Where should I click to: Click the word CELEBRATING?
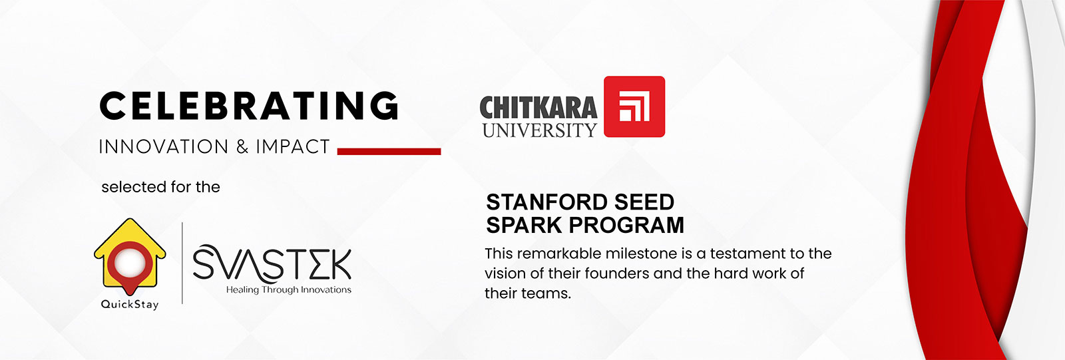click(x=249, y=106)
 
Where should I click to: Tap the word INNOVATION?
click(x=163, y=147)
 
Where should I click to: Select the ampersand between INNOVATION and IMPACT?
click(x=242, y=147)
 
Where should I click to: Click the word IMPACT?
click(x=293, y=147)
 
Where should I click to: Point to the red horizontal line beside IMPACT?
click(x=389, y=152)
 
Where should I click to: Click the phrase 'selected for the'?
click(x=160, y=188)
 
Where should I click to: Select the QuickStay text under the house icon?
click(x=130, y=305)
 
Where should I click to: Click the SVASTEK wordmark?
click(x=272, y=264)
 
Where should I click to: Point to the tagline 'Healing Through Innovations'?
click(x=288, y=290)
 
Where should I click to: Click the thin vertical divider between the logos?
click(x=182, y=264)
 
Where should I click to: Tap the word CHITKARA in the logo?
click(x=538, y=108)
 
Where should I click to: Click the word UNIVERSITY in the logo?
click(x=539, y=130)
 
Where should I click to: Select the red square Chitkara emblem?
click(x=634, y=106)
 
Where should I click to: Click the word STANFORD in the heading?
click(x=538, y=202)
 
